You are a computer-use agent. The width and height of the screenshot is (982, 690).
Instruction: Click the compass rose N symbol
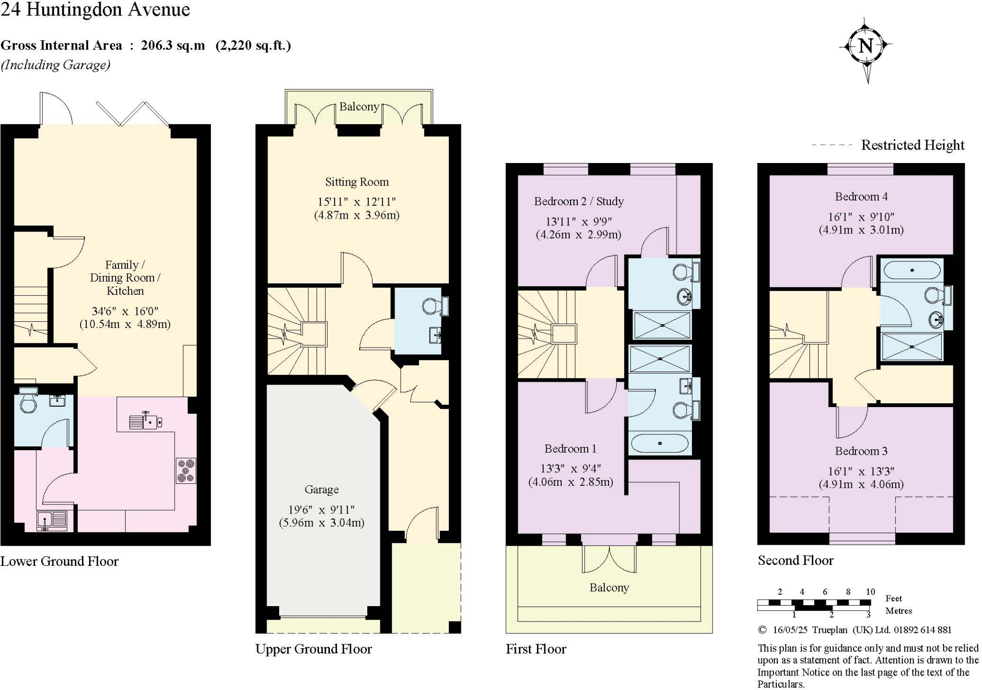tap(865, 47)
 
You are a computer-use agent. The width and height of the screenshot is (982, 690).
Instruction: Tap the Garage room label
tap(321, 490)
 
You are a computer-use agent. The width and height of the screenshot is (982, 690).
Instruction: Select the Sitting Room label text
tap(357, 182)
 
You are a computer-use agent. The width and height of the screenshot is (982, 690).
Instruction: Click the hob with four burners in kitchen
tap(186, 470)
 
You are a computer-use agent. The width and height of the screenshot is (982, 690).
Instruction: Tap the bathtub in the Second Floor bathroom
tap(912, 270)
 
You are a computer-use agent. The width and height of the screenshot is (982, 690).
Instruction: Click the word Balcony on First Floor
tap(609, 587)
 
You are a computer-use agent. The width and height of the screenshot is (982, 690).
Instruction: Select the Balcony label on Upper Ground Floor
tap(359, 106)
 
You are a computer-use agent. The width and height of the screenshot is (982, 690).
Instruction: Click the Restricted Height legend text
tap(912, 145)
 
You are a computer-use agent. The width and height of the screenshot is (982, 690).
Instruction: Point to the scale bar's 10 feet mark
tap(870, 592)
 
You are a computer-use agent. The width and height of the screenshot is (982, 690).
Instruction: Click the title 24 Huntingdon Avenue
tap(95, 10)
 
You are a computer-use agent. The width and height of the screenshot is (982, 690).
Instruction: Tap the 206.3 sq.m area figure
tap(173, 46)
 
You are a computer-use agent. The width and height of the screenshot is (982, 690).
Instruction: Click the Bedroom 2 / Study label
tap(579, 201)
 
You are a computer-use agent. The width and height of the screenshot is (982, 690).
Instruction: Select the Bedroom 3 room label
tap(861, 451)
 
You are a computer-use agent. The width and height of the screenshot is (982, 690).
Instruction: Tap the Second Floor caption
tap(795, 560)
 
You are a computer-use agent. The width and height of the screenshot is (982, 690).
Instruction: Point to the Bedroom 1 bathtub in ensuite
tap(659, 444)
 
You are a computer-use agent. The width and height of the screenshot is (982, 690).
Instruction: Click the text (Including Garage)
tap(56, 65)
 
